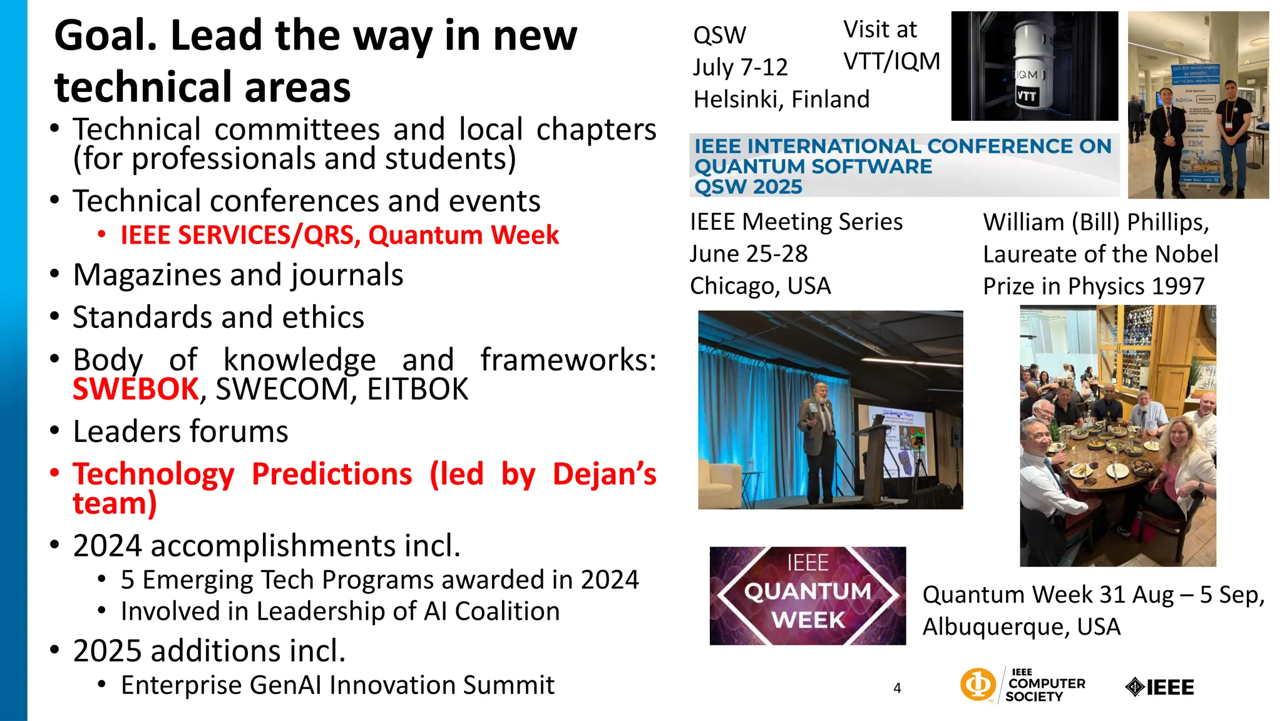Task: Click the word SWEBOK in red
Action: [135, 389]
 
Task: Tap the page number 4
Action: [897, 688]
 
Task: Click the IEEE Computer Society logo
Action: [1023, 685]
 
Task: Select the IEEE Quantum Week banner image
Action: [808, 595]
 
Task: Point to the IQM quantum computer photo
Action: [1034, 66]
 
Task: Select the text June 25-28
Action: [749, 254]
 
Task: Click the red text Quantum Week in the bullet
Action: [463, 235]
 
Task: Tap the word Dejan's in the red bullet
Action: [604, 474]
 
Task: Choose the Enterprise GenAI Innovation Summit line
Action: [337, 685]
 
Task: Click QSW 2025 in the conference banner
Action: [748, 187]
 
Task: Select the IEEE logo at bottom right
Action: [1159, 687]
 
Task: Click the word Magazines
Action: [155, 275]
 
